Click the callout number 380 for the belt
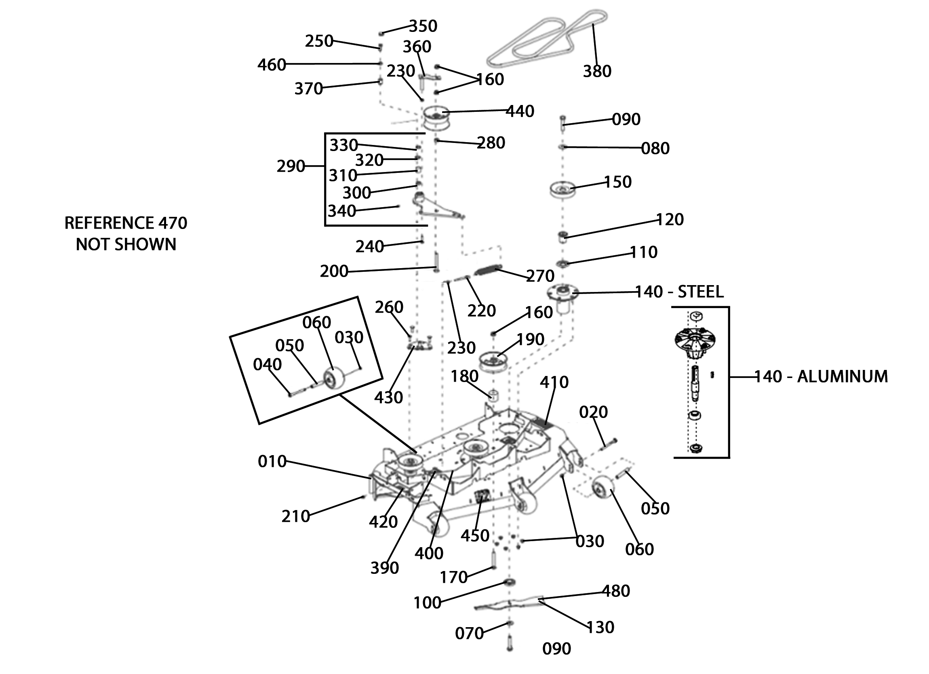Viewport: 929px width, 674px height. pyautogui.click(x=597, y=71)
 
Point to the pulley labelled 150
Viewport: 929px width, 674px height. pyautogui.click(x=562, y=189)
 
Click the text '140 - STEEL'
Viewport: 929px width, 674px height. pyautogui.click(x=680, y=292)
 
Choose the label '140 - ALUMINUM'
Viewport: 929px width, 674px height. pyautogui.click(x=821, y=376)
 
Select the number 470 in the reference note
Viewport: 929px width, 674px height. pyautogui.click(x=173, y=223)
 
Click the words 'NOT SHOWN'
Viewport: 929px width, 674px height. pyautogui.click(x=126, y=244)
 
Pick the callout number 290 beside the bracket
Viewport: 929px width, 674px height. pyautogui.click(x=291, y=166)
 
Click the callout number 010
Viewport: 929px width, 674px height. pyautogui.click(x=272, y=462)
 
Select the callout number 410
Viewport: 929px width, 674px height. pyautogui.click(x=554, y=382)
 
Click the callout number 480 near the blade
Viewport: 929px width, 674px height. pyautogui.click(x=616, y=591)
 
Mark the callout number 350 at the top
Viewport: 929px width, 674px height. pyautogui.click(x=423, y=26)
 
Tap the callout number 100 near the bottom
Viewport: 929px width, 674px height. pyautogui.click(x=427, y=603)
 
